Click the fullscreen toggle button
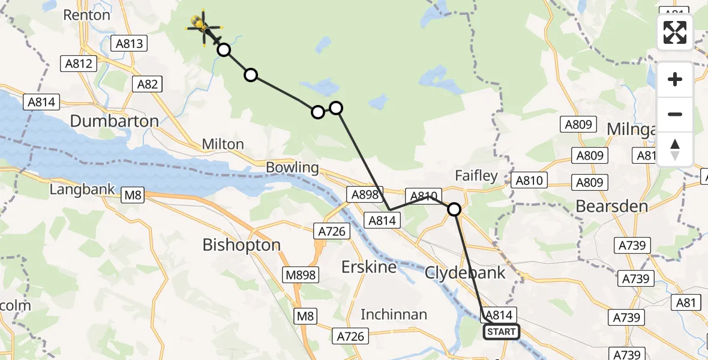[675, 32]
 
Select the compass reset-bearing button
[675, 149]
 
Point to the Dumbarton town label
[114, 121]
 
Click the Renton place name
[87, 15]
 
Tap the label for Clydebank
[465, 272]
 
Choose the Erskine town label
[369, 266]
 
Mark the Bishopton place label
[241, 245]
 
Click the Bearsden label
[611, 206]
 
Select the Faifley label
[476, 176]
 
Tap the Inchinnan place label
[394, 314]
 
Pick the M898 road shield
[301, 275]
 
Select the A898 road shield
[364, 194]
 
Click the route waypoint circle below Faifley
[454, 209]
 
